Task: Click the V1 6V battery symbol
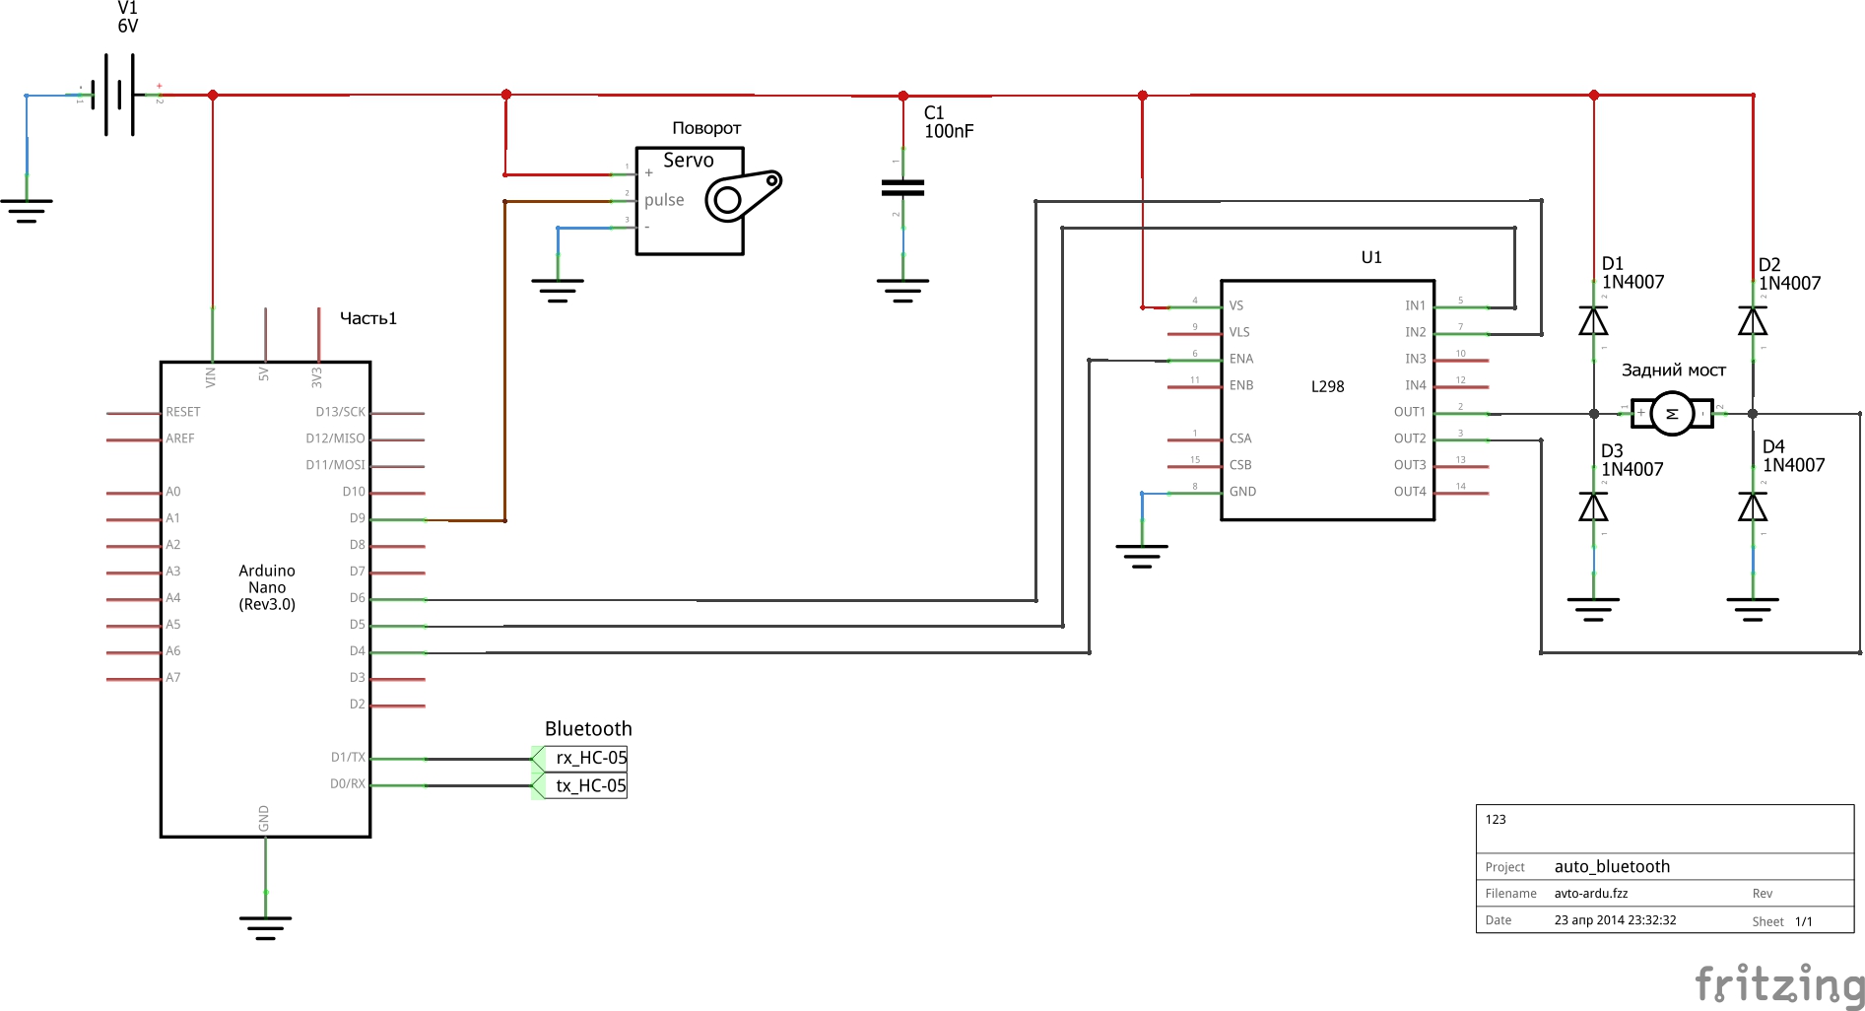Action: pos(119,95)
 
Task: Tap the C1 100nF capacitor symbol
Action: pos(902,187)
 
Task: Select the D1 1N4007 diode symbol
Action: pos(1593,321)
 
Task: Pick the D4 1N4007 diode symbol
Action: pos(1753,506)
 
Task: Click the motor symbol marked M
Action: pos(1672,414)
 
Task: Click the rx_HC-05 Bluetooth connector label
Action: pos(589,758)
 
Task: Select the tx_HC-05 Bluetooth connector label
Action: pos(589,785)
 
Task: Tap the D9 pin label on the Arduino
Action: pos(357,518)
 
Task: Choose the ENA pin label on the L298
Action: pos(1241,359)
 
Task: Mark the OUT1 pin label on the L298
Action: pos(1409,412)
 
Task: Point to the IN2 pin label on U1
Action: pos(1415,332)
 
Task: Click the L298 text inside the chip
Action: pos(1327,386)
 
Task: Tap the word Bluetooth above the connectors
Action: pos(588,729)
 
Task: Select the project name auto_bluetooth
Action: pos(1612,866)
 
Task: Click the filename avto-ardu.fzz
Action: pos(1590,894)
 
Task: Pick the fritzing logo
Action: pos(1778,984)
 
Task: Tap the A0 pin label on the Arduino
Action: pos(173,492)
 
